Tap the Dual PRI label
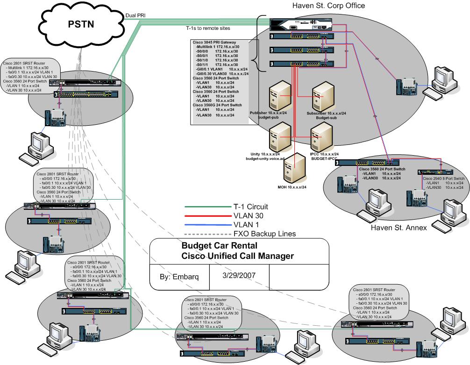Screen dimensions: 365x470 pyautogui.click(x=135, y=15)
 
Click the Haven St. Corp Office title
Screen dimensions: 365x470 pyautogui.click(x=328, y=6)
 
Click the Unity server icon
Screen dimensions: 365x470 pyautogui.click(x=277, y=138)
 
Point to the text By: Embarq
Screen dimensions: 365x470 pyautogui.click(x=178, y=276)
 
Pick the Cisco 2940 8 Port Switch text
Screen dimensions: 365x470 pyautogui.click(x=443, y=179)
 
